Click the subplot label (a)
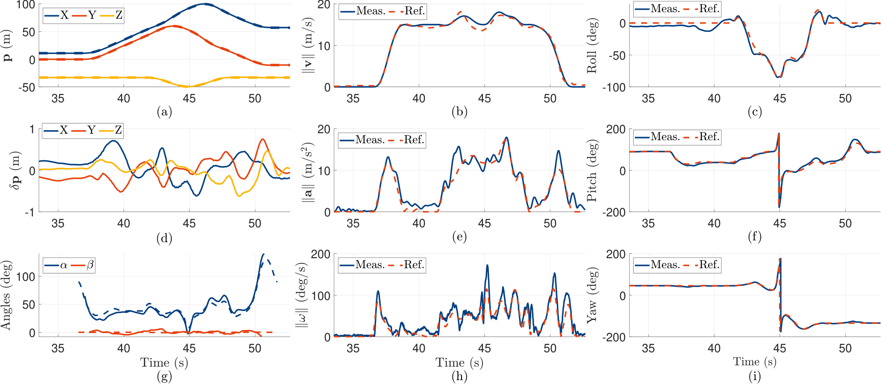pos(164,112)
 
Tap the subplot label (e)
pos(459,237)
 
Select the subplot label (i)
pos(755,377)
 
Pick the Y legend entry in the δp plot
pos(84,130)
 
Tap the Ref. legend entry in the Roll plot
pos(702,9)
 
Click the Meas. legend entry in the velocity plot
pos(363,11)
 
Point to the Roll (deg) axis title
pos(591,46)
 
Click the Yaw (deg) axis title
pos(591,295)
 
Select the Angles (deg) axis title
pos(6,295)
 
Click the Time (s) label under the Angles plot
pos(164,363)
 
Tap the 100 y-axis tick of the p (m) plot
pos(26,5)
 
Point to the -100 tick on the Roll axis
pos(614,87)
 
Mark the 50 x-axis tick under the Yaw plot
pos(845,348)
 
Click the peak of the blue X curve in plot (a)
pos(205,4)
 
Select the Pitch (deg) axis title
pos(591,170)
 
